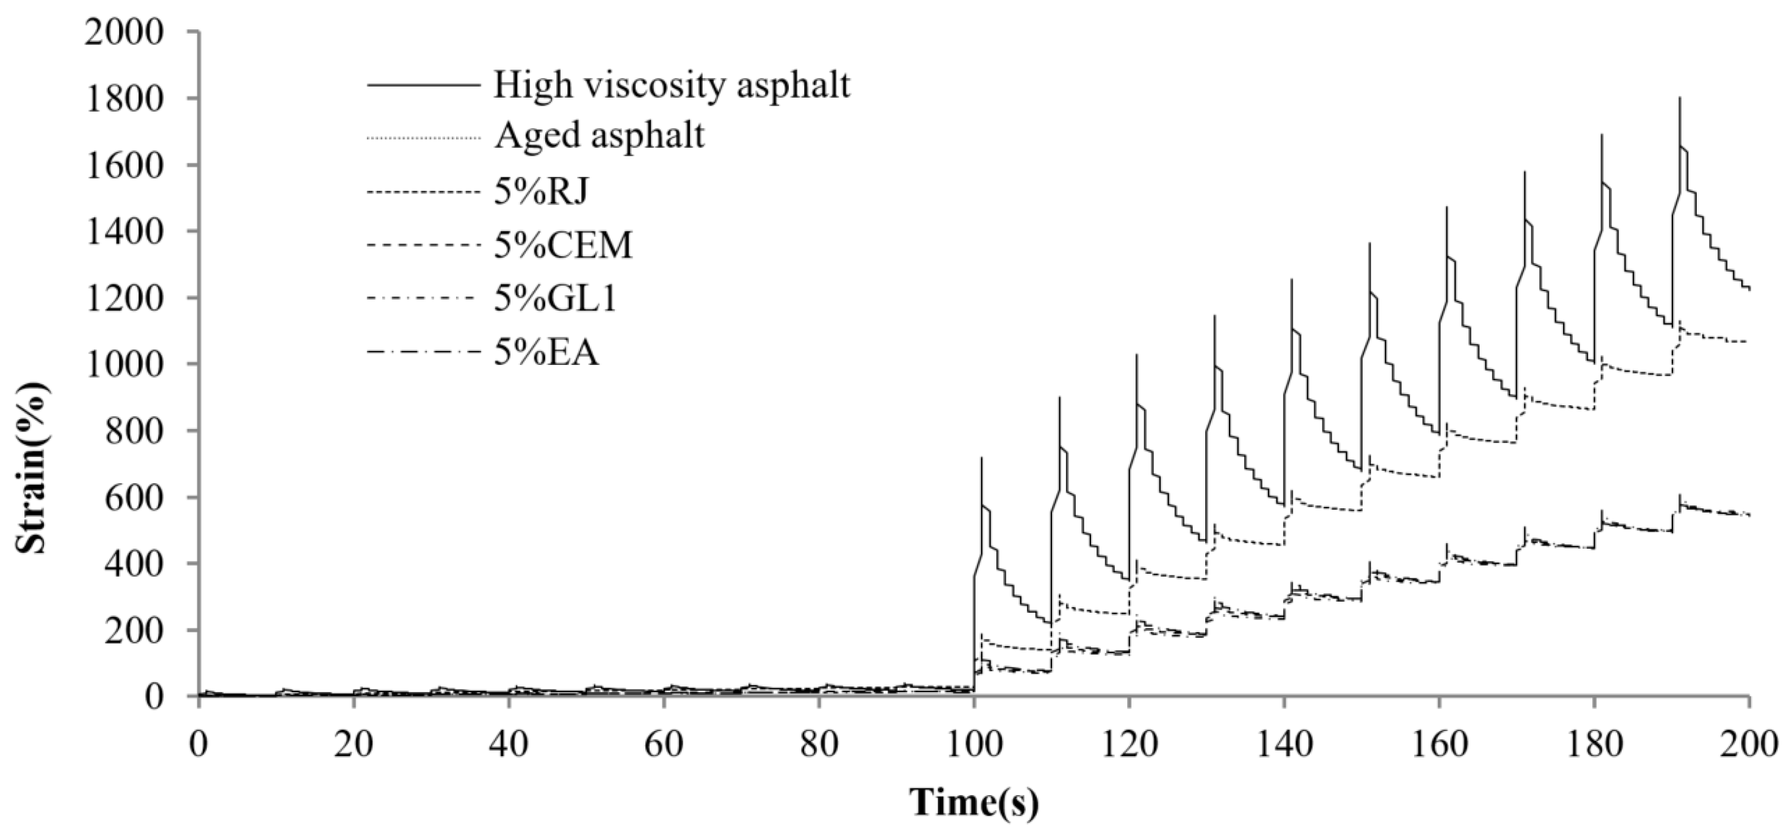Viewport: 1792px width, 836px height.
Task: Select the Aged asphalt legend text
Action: [x=599, y=135]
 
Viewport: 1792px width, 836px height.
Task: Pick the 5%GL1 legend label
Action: [x=555, y=300]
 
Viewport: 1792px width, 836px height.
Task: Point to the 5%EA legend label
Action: [x=546, y=353]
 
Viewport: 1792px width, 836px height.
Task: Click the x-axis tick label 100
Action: [x=974, y=746]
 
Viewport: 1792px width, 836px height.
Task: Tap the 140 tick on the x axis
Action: [x=1283, y=746]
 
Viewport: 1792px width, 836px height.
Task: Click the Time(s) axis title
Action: [x=974, y=802]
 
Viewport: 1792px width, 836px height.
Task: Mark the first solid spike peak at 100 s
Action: [x=982, y=458]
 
